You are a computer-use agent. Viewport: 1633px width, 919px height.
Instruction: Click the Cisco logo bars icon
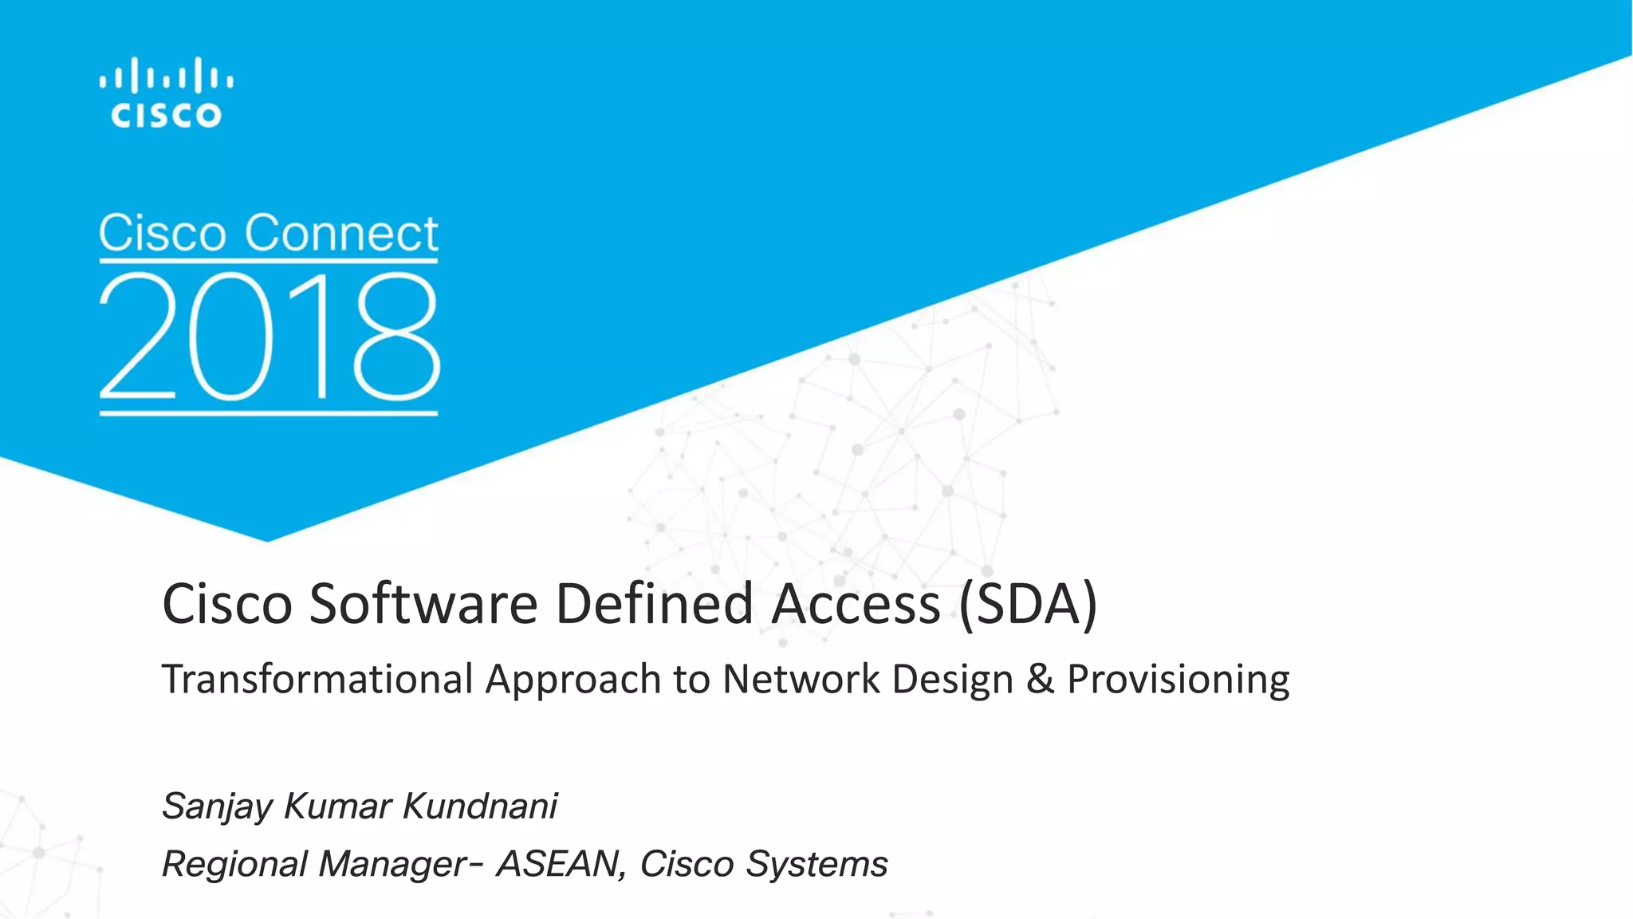coord(166,77)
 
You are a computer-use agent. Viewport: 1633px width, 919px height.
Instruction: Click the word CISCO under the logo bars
coord(166,116)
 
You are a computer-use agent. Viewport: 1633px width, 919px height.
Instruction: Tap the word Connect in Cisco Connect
coord(341,234)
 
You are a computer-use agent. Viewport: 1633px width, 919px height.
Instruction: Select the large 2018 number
coord(269,337)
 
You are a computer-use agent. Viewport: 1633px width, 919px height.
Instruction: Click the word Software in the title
coord(423,604)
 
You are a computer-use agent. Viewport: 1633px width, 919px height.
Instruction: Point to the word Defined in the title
coord(654,604)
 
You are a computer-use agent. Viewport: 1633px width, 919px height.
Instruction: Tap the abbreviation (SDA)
coord(1028,604)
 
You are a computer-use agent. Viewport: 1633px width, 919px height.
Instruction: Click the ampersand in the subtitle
coord(1040,680)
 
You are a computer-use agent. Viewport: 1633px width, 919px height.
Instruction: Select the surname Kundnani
coord(479,806)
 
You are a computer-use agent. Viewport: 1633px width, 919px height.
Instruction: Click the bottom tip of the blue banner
coord(267,538)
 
